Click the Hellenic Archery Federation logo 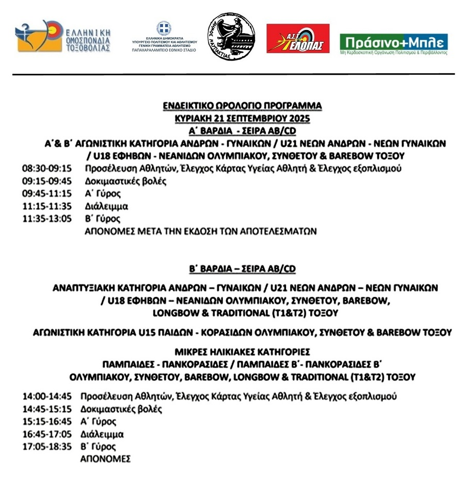tap(63, 37)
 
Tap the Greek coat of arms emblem tap(164, 27)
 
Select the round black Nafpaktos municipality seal tap(231, 37)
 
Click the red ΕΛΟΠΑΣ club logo tap(298, 38)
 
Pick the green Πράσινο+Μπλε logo tap(393, 44)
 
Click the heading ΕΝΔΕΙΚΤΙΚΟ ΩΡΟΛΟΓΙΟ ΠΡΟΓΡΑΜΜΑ tap(242, 106)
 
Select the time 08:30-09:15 tap(46, 169)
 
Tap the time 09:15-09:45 tap(46, 181)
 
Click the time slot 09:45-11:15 tap(46, 194)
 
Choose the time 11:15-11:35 tap(46, 206)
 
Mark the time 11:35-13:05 tap(46, 219)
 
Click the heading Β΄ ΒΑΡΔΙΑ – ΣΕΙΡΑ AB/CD tap(242, 269)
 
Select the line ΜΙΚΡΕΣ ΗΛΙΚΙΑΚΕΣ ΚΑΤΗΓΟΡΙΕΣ tap(242, 353)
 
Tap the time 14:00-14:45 tap(46, 397)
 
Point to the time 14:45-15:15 tap(46, 409)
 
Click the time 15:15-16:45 tap(46, 422)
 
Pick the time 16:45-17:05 tap(46, 435)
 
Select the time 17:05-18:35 tap(46, 447)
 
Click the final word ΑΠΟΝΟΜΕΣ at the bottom tap(106, 459)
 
